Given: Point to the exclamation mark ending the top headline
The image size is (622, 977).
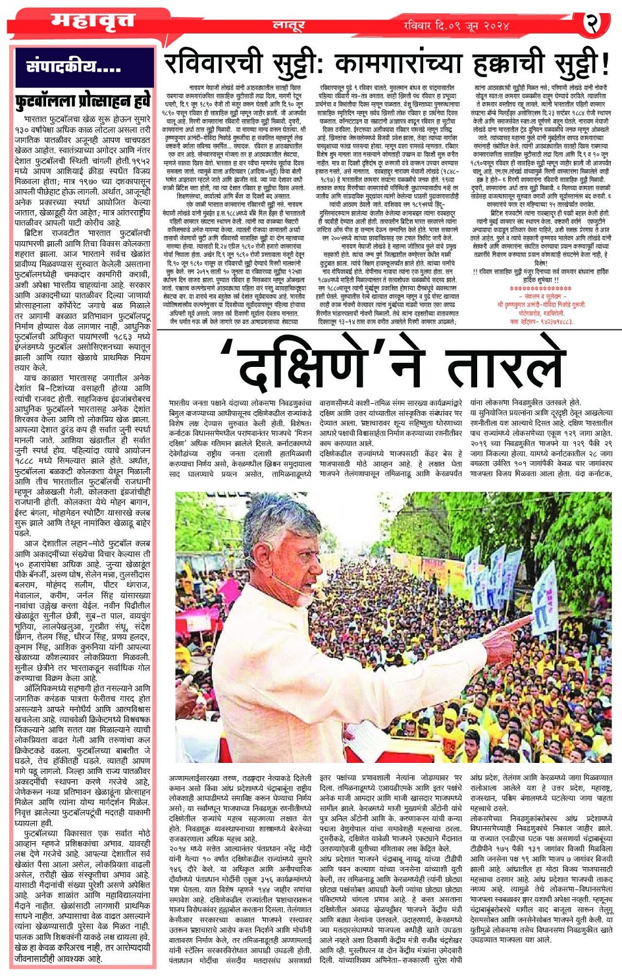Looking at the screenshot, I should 604,65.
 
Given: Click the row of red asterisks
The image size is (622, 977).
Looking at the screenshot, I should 541,288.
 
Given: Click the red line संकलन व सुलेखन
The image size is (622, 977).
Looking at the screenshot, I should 541,296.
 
